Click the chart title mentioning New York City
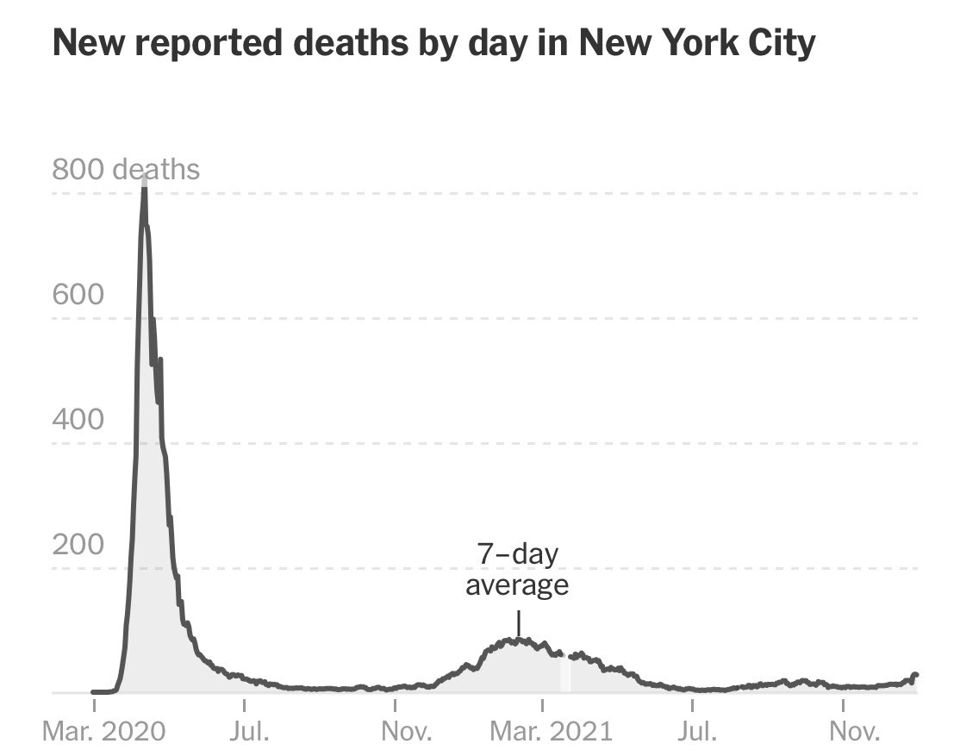(x=433, y=43)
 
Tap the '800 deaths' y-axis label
(x=126, y=169)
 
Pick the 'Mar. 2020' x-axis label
(x=104, y=734)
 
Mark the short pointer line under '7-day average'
(x=518, y=623)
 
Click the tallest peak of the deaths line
(x=144, y=184)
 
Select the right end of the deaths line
(x=915, y=675)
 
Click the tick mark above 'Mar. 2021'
(x=543, y=706)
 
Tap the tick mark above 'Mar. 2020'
(x=94, y=706)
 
